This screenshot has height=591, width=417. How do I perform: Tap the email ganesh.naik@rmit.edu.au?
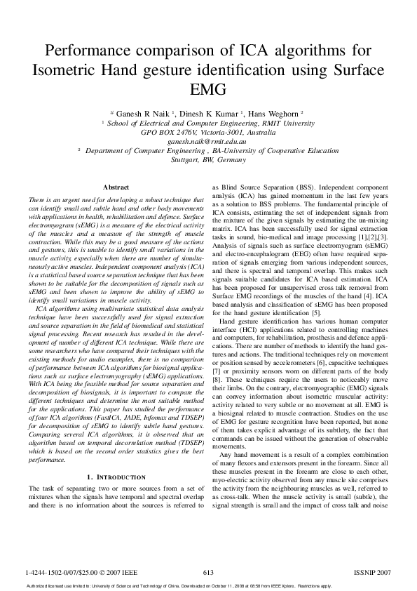[x=207, y=140]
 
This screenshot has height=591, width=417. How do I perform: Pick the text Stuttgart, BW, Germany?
[x=208, y=159]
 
